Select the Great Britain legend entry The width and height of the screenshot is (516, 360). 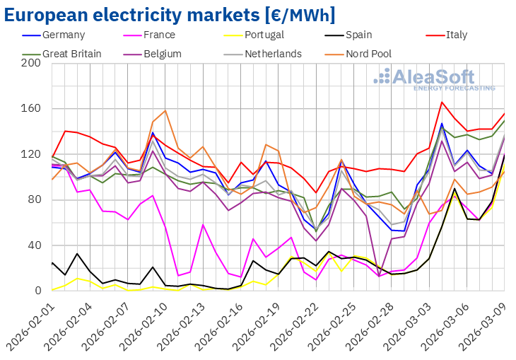coord(71,54)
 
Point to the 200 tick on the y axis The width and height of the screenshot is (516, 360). coord(31,64)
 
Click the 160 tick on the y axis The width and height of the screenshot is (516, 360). coord(31,109)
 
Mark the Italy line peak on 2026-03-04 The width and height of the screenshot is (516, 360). coord(442,103)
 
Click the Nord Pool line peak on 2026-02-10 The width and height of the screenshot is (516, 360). coord(165,110)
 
